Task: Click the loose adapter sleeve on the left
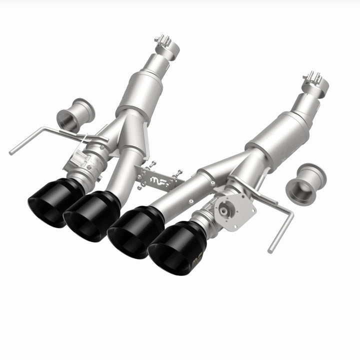[77, 112]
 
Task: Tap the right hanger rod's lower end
[270, 248]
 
